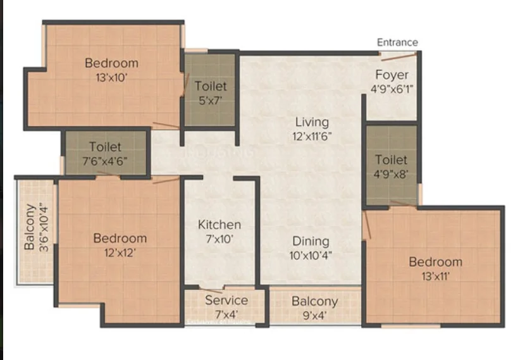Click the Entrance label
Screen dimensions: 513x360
(397, 42)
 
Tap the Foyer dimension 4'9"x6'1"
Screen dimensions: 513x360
(392, 89)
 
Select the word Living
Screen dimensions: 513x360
(312, 122)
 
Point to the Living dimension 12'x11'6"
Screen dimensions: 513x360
(312, 136)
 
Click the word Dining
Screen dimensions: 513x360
(311, 241)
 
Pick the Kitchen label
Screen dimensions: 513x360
(219, 225)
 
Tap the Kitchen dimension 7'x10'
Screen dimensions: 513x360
(219, 239)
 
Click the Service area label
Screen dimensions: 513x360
(226, 300)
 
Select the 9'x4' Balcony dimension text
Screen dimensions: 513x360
(315, 316)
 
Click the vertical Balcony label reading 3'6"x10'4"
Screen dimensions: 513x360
(36, 228)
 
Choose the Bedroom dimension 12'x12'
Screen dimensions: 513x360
(120, 252)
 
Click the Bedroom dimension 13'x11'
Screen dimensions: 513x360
(435, 276)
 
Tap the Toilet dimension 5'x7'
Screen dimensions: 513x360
(211, 101)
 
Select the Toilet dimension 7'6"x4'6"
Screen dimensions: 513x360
(105, 161)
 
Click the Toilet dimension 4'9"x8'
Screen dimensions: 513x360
(391, 174)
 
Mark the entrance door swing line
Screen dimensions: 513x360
(399, 57)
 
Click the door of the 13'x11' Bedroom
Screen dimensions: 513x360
(367, 225)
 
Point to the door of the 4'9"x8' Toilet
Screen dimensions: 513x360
(403, 204)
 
